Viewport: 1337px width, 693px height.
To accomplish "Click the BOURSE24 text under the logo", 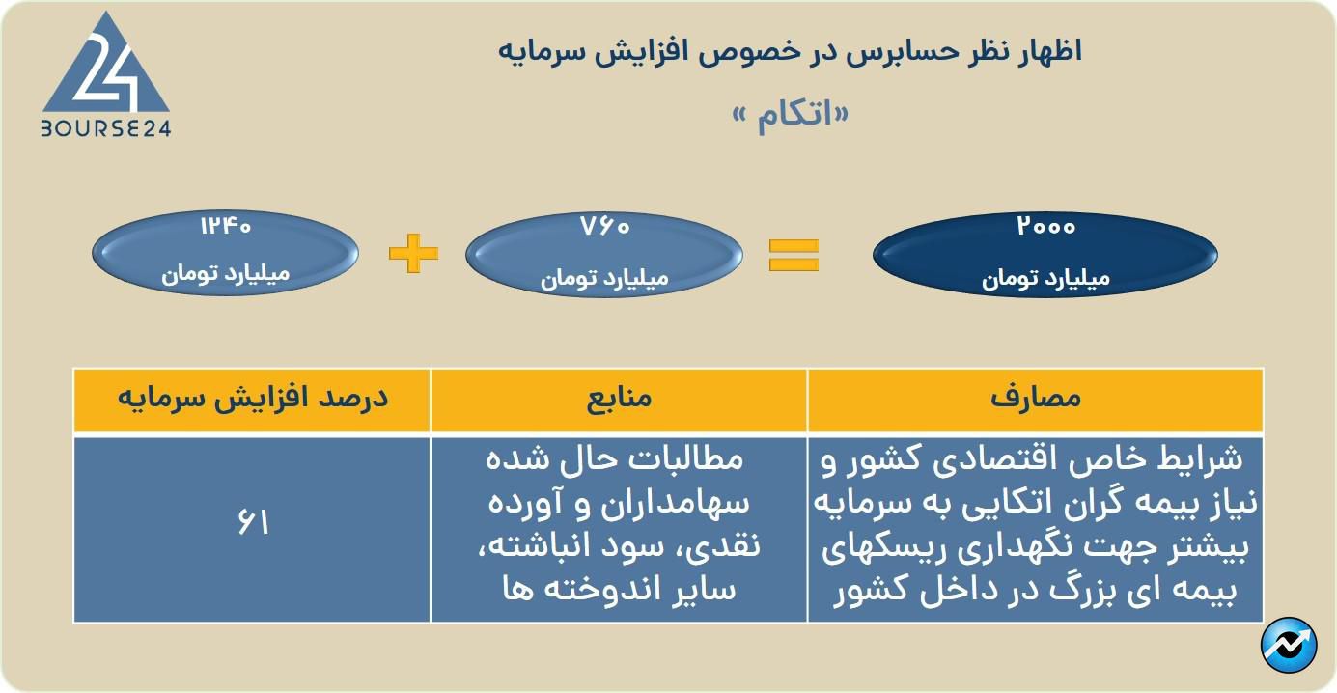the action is tap(105, 128).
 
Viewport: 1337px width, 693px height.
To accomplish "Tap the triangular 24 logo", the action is tap(105, 63).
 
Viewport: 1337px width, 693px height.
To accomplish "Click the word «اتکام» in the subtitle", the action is tap(791, 115).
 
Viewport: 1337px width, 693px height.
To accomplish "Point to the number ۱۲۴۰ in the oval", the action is tap(225, 226).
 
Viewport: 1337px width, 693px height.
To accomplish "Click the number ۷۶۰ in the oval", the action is tap(604, 226).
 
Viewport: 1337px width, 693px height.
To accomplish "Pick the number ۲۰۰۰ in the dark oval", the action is tap(1045, 226).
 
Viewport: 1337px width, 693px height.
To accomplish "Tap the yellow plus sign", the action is tap(413, 253).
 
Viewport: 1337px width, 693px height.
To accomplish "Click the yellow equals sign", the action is tap(794, 255).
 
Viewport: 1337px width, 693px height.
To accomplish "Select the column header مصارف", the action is tap(1036, 398).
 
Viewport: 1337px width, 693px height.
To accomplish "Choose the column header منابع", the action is tap(619, 398).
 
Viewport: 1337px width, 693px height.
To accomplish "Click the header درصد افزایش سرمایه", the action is tap(253, 398).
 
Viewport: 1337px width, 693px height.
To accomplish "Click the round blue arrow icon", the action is tap(1289, 645).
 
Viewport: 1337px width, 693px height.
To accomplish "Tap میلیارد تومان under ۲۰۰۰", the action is tap(1045, 278).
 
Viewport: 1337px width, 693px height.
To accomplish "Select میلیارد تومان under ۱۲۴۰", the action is tap(225, 274).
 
